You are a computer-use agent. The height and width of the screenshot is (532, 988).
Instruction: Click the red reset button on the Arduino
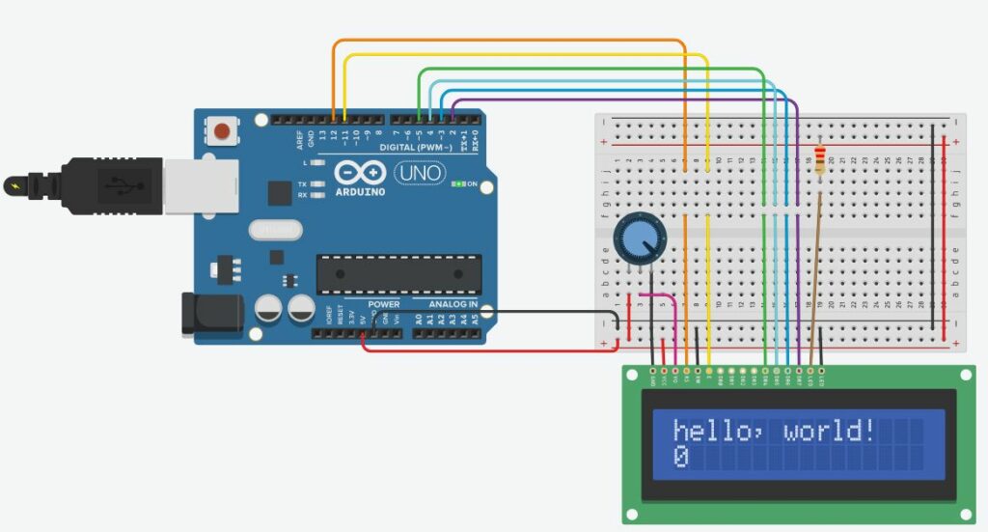pyautogui.click(x=224, y=129)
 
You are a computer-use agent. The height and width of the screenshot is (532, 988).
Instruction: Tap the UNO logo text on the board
pyautogui.click(x=418, y=173)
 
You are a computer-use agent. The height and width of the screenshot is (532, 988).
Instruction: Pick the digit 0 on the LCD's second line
pyautogui.click(x=680, y=457)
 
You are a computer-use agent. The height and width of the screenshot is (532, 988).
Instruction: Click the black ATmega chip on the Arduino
pyautogui.click(x=398, y=274)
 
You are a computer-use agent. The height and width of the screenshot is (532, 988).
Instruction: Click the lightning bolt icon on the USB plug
pyautogui.click(x=14, y=183)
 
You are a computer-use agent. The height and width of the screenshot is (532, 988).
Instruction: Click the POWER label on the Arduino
pyautogui.click(x=383, y=304)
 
